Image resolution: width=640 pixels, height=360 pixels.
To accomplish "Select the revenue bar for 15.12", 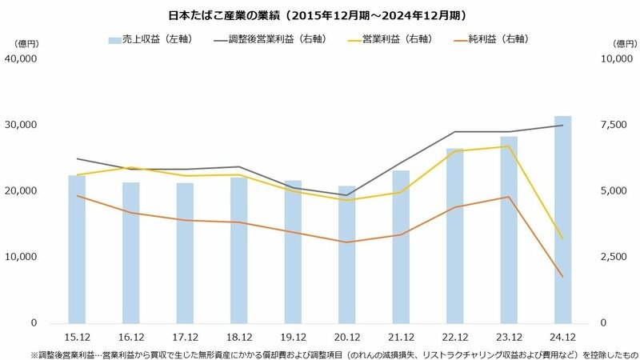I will [77, 249].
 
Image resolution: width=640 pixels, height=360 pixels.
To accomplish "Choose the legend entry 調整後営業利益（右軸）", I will [268, 38].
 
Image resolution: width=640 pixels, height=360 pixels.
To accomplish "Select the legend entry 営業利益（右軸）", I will [382, 38].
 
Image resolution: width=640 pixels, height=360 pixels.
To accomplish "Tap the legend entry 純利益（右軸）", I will [486, 38].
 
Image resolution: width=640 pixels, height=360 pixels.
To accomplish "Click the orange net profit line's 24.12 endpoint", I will [563, 277].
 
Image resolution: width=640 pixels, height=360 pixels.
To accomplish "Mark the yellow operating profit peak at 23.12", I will [509, 146].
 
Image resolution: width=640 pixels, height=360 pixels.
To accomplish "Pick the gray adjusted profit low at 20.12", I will [347, 195].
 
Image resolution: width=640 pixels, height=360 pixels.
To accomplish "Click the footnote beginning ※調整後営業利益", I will [320, 353].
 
